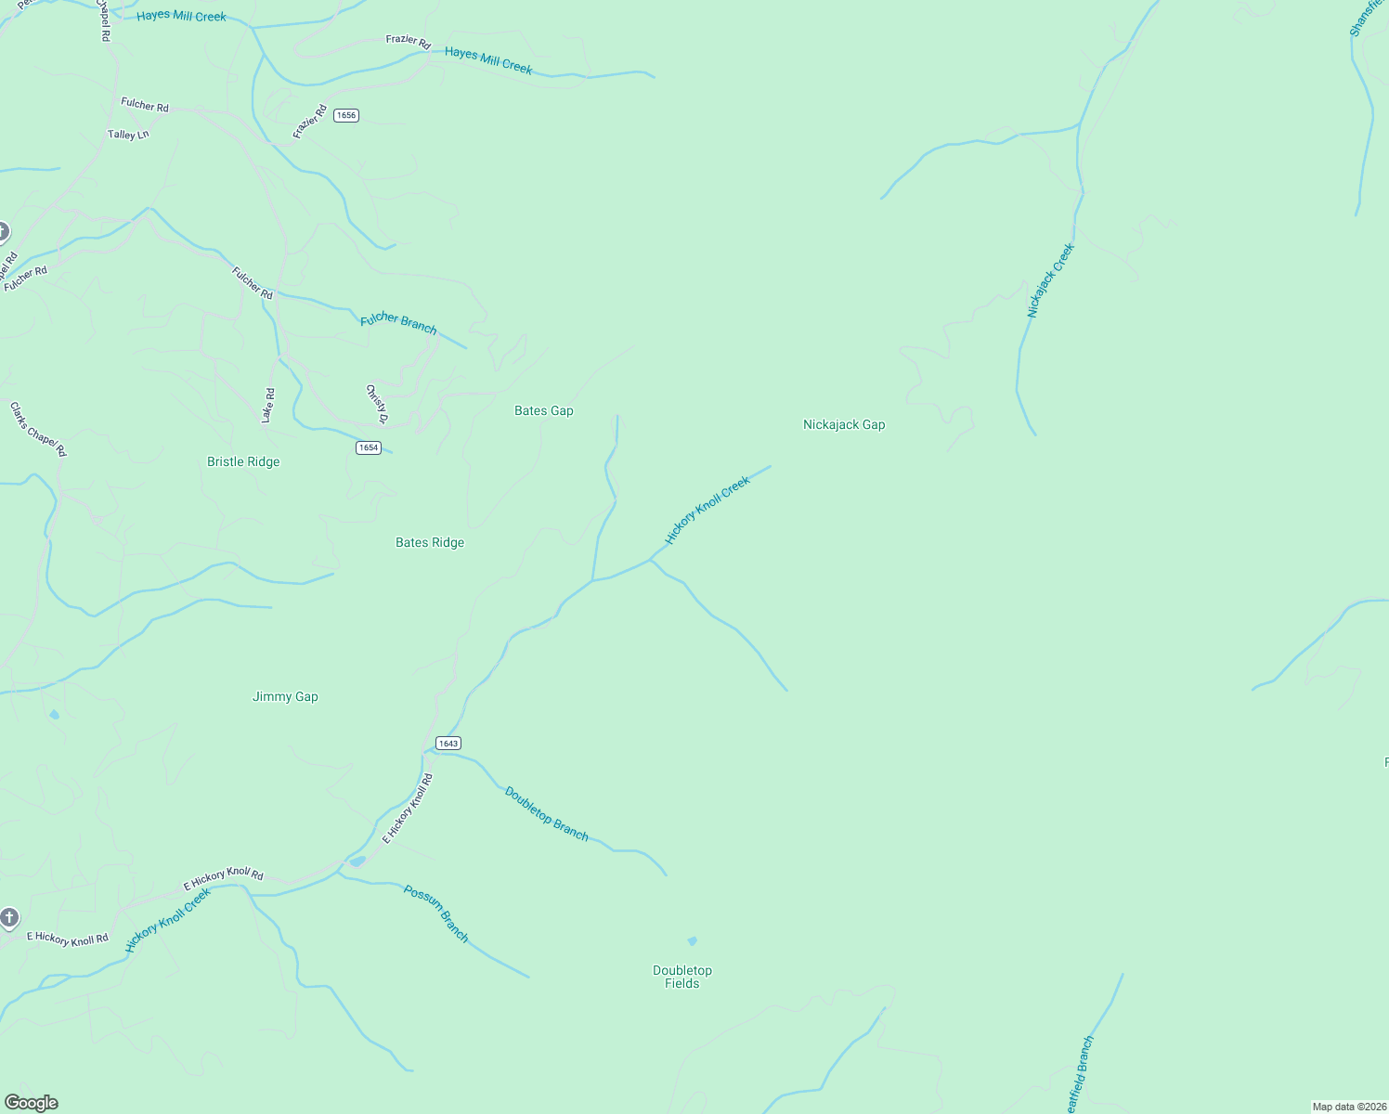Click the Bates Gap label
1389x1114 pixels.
(543, 410)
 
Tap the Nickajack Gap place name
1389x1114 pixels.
(843, 424)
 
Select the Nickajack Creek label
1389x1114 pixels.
(1050, 280)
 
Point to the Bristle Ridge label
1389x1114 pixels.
(243, 461)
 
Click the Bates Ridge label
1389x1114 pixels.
(429, 542)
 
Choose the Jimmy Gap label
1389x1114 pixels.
(285, 696)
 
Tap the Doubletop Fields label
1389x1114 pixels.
(682, 977)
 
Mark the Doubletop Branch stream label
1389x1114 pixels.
(546, 814)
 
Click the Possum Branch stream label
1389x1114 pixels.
(436, 913)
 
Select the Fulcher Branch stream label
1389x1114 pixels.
(398, 322)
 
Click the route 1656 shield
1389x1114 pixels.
(346, 115)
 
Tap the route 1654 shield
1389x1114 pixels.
(369, 447)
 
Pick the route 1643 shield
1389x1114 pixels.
(448, 743)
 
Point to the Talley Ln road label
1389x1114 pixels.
(128, 135)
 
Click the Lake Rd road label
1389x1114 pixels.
(268, 406)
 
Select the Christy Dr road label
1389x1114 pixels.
(376, 403)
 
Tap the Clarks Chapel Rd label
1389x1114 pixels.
(38, 429)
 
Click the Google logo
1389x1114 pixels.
(32, 1103)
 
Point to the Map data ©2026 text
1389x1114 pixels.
(1349, 1107)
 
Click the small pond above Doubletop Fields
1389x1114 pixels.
(692, 941)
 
